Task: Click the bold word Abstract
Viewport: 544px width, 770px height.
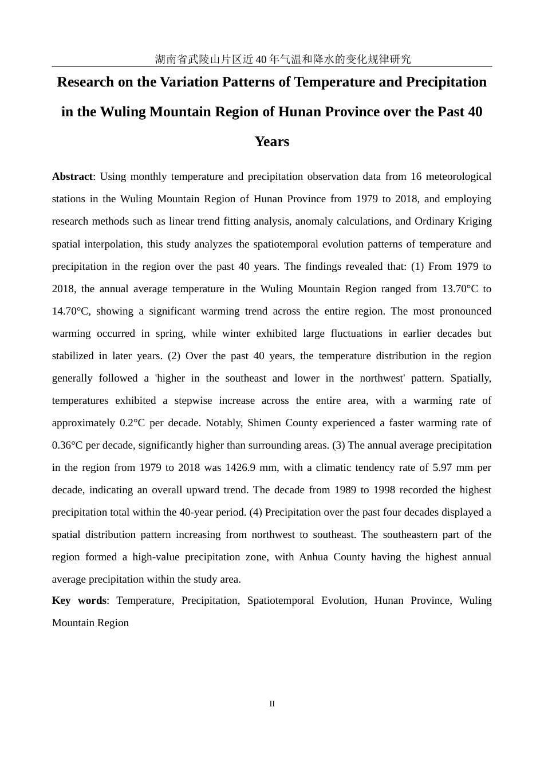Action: (72, 176)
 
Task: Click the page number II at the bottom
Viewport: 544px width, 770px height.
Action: (272, 704)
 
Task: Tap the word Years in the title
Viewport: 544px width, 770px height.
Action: (272, 142)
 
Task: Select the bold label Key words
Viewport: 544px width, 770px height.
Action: (79, 600)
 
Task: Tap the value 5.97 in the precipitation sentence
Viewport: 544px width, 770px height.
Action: (444, 467)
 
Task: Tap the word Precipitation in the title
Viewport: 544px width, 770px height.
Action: (446, 82)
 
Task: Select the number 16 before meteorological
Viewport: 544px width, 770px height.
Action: (416, 176)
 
